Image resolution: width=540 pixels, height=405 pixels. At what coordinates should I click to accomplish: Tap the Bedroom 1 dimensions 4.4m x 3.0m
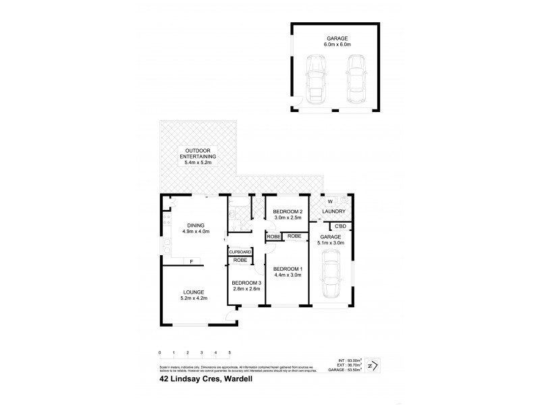click(288, 275)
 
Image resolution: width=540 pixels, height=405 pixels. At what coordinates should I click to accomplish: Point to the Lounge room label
click(192, 292)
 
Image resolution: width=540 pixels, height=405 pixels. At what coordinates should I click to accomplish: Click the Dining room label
click(196, 225)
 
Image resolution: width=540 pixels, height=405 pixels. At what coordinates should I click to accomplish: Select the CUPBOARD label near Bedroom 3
click(240, 252)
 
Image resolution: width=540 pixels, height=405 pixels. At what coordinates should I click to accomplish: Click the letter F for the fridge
click(192, 261)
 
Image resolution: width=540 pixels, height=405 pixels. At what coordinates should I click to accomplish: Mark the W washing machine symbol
click(330, 200)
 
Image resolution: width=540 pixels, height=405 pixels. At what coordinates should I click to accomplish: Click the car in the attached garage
click(331, 273)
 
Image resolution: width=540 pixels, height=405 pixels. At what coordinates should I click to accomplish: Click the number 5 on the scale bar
click(230, 353)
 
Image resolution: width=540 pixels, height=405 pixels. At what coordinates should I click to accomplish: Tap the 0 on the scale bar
click(160, 353)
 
